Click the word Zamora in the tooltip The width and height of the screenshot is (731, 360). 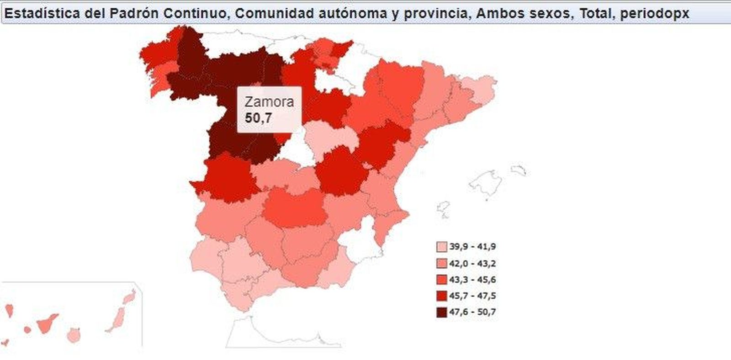point(269,101)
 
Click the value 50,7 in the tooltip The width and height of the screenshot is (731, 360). point(258,118)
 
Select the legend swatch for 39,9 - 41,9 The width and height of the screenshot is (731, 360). point(441,247)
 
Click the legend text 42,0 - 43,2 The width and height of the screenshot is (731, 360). point(472,264)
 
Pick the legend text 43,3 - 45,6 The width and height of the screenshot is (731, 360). point(472,280)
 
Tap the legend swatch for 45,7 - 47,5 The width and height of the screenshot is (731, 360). point(441,296)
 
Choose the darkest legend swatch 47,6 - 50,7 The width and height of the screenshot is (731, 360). point(441,312)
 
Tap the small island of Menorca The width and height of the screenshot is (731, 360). point(519,171)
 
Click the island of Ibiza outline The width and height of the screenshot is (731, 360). point(444,209)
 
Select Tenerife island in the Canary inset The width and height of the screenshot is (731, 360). point(46,324)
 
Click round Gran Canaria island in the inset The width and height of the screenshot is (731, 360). point(74,336)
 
